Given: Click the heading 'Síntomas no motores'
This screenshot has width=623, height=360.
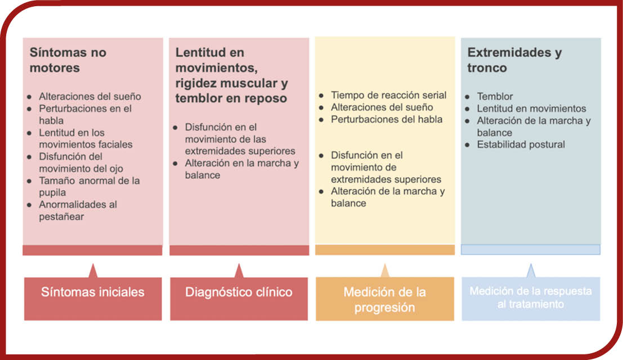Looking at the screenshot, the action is click(68, 60).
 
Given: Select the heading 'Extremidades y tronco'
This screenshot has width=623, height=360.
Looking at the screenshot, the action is click(514, 60).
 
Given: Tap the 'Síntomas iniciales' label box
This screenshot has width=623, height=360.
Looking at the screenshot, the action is click(93, 299).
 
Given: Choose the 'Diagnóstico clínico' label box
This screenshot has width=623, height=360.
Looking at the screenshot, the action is click(239, 299).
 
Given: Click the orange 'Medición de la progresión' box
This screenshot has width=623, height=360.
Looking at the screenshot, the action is click(384, 299).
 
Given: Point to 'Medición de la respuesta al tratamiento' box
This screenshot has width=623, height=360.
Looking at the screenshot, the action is click(531, 299).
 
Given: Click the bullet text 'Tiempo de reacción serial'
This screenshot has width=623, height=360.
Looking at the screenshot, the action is click(388, 95).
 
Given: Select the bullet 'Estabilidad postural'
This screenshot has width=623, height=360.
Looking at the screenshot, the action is click(521, 145).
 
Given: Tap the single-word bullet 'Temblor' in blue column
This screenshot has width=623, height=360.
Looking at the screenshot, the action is click(495, 96).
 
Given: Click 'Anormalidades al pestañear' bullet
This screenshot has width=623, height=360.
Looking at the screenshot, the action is click(78, 210).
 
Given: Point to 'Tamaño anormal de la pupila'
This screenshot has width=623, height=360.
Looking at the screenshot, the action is click(89, 187).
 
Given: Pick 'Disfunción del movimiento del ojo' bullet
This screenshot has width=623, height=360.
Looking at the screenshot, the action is click(81, 163).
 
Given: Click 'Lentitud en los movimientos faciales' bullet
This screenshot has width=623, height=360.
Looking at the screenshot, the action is click(86, 138).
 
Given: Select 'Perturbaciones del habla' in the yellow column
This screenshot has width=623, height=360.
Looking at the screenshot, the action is click(387, 119).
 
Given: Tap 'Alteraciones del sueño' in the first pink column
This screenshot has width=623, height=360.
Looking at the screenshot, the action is click(90, 96).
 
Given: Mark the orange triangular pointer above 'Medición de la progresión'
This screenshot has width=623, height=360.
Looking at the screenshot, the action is click(384, 271).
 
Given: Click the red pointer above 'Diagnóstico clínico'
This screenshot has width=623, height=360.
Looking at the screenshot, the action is click(239, 271).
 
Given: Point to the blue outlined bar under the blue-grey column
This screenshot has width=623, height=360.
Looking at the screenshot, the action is click(531, 249).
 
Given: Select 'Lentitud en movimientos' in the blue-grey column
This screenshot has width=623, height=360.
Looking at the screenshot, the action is click(532, 109).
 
